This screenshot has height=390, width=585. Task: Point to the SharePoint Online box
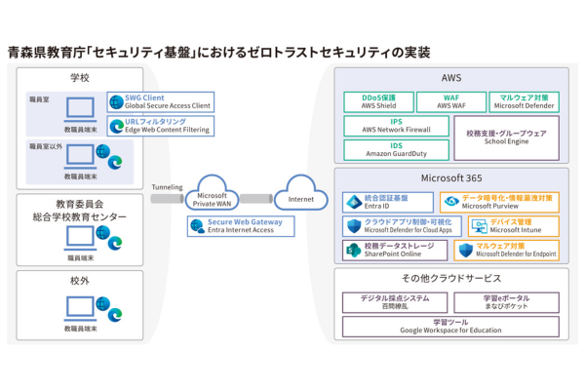click(x=394, y=251)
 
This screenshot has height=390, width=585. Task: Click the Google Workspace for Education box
click(x=449, y=327)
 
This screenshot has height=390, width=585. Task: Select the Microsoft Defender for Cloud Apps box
click(x=396, y=225)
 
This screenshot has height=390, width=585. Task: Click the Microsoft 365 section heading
click(x=449, y=177)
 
